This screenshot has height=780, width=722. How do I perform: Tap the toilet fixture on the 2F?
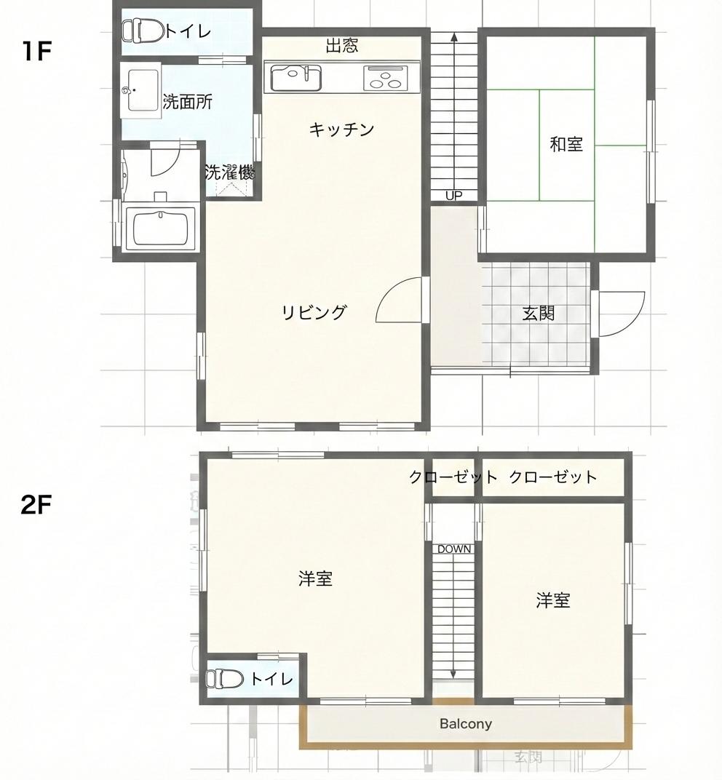[x=225, y=679]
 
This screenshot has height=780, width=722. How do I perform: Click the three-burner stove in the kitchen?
[x=384, y=78]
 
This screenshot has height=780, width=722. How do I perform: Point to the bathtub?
[x=161, y=228]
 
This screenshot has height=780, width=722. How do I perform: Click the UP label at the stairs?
[x=453, y=195]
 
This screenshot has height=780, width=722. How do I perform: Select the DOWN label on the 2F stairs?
[x=453, y=549]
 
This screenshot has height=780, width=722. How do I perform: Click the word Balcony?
[x=465, y=724]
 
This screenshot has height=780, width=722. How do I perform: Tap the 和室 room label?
[x=566, y=144]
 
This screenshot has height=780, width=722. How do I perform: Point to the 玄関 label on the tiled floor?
[x=539, y=314]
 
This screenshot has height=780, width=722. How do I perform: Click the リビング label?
[x=314, y=313]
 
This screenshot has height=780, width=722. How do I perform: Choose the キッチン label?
[x=341, y=130]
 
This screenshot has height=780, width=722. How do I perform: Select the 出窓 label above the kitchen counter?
[x=341, y=47]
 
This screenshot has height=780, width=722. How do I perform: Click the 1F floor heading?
[x=36, y=52]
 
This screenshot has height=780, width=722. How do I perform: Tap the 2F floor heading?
[x=36, y=504]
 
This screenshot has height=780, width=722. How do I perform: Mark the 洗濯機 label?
[x=229, y=173]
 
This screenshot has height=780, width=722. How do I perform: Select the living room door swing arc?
[x=399, y=301]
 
